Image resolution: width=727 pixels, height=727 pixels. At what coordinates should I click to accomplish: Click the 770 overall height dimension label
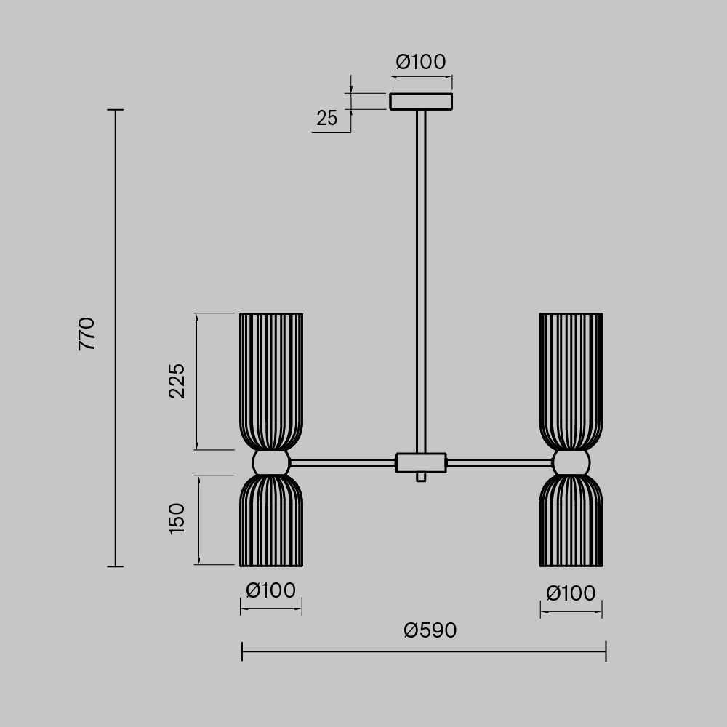click(x=87, y=334)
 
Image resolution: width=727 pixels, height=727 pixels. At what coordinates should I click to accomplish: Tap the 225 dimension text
click(x=177, y=380)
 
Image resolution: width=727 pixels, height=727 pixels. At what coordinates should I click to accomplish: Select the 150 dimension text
click(x=177, y=518)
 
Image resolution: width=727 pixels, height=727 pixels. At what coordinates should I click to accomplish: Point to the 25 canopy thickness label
click(x=327, y=118)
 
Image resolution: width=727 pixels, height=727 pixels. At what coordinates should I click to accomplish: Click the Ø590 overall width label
click(x=430, y=630)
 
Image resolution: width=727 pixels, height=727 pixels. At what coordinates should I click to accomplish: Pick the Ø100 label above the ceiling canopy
click(x=421, y=63)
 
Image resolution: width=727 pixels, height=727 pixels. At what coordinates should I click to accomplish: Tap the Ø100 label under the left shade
click(x=270, y=590)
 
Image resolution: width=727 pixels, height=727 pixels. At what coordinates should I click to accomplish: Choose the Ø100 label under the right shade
click(x=571, y=594)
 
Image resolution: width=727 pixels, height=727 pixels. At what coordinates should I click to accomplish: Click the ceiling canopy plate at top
click(x=421, y=101)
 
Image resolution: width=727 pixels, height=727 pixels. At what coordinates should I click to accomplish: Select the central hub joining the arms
click(x=420, y=462)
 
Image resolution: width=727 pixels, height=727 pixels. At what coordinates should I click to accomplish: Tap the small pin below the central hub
click(x=420, y=477)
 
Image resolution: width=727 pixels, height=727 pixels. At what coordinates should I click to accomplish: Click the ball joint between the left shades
click(x=270, y=462)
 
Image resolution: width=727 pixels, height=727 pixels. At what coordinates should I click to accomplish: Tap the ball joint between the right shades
click(x=571, y=462)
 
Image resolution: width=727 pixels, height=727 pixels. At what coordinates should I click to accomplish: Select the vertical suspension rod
click(x=420, y=276)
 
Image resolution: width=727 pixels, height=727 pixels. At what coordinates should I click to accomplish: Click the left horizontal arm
click(x=342, y=462)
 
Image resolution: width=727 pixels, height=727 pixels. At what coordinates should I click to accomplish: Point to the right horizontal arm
click(x=499, y=462)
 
